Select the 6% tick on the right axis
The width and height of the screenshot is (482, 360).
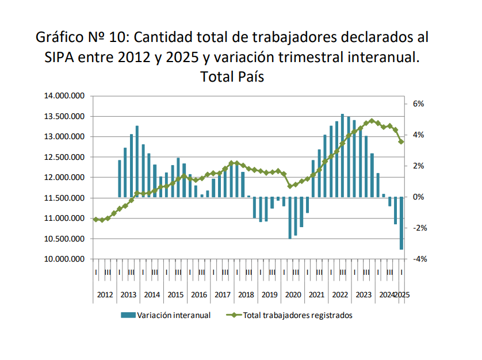point(418,104)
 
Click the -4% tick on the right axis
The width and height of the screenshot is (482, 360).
point(418,259)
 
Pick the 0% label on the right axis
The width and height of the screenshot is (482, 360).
point(418,197)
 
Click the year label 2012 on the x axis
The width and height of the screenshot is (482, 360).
point(105,295)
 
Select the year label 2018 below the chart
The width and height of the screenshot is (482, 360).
point(246,295)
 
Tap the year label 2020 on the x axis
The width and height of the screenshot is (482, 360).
point(293,295)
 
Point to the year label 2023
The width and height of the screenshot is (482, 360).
point(364,295)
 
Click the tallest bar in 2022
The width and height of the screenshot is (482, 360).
point(343,155)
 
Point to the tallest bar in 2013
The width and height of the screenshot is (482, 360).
point(137,161)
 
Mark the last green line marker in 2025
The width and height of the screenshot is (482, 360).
point(401,141)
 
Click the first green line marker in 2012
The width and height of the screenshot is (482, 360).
point(95,219)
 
